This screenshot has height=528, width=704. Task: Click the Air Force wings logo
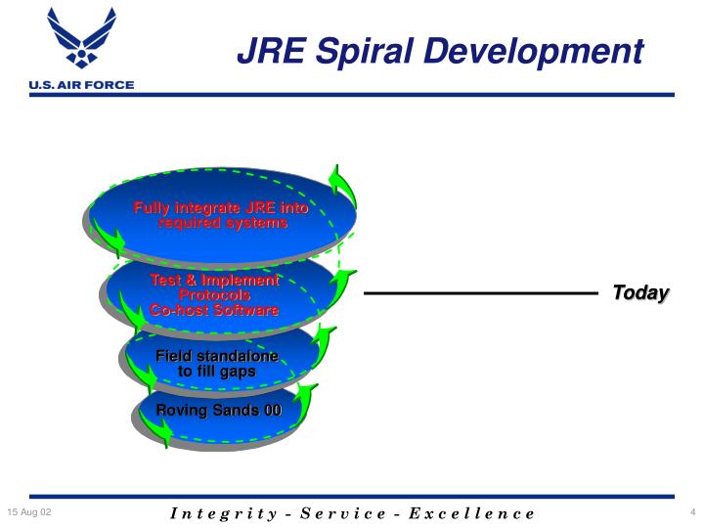pos(80,40)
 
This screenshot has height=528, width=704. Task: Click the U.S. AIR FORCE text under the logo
pos(81,85)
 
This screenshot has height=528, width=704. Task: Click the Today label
pos(640,292)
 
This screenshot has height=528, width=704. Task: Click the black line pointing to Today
pos(479,292)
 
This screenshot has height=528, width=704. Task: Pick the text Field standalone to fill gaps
pos(217,364)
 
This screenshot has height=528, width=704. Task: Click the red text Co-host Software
pos(214,310)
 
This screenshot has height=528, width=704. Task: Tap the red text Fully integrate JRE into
pos(221,208)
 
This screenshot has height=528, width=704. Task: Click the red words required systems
pos(223,223)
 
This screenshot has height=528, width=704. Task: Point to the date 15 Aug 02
pos(29,512)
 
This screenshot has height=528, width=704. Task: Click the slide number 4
pos(691,512)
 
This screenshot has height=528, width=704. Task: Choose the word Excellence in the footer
pos(474,513)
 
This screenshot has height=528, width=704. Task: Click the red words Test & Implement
pos(214,281)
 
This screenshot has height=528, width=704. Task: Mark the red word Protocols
pos(214,295)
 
